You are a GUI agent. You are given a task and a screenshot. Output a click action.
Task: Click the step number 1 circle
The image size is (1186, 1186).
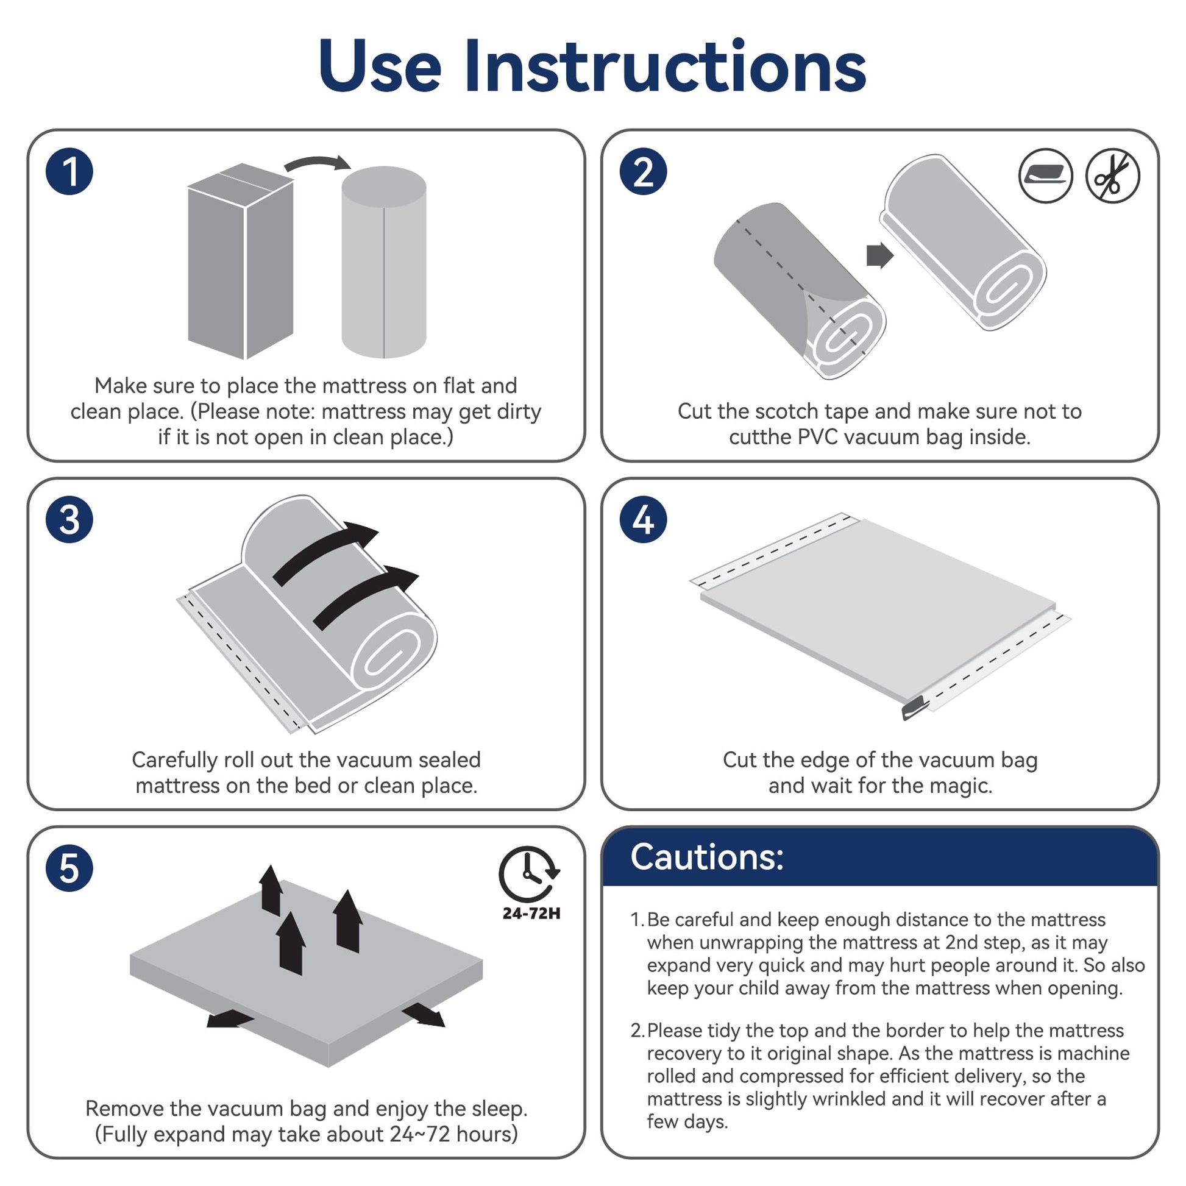pos(69,171)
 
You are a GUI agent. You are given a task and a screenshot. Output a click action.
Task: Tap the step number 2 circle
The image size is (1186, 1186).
pos(643,171)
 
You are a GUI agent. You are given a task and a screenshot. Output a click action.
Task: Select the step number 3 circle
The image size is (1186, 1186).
pos(69,519)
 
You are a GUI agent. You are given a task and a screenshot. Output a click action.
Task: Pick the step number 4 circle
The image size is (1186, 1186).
pos(643,519)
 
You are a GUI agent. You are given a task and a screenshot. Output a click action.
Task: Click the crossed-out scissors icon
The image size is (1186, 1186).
pos(1112,176)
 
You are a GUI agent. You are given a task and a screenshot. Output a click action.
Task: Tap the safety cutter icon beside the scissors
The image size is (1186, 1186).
pos(1045,176)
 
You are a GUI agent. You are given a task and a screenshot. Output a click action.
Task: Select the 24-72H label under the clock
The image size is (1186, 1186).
pos(531,914)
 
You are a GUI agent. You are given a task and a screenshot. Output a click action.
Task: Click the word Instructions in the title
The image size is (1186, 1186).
pos(665,66)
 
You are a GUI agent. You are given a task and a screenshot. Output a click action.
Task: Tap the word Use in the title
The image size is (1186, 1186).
pos(380,66)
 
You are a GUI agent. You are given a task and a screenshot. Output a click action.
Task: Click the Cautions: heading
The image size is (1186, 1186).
pos(706,857)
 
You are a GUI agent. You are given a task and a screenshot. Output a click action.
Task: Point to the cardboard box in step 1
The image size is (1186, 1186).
pos(241,261)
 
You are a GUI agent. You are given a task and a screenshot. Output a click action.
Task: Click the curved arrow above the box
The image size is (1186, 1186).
pos(317,163)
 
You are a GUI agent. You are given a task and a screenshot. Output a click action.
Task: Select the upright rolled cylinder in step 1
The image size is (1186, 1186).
pos(384,262)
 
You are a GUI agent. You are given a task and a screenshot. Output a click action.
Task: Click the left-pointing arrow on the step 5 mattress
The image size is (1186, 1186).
pos(230,1018)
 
